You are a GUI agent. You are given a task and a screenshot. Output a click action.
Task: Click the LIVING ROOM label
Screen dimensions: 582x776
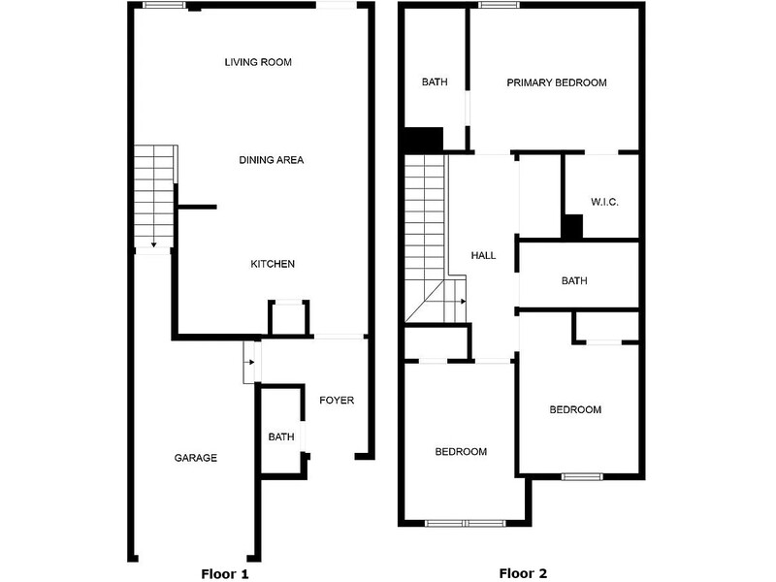click(x=258, y=62)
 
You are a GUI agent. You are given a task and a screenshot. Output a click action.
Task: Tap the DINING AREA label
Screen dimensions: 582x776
click(x=272, y=159)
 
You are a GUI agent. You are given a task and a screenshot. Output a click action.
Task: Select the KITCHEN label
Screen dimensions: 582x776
click(x=273, y=264)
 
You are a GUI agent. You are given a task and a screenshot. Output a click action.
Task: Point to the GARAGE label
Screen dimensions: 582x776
click(x=196, y=458)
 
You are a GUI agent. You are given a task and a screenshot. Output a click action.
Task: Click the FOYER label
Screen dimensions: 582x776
click(x=337, y=400)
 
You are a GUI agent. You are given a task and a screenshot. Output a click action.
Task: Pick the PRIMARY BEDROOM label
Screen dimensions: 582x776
click(x=557, y=82)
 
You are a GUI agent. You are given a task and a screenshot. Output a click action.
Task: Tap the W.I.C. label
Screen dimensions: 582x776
click(x=604, y=202)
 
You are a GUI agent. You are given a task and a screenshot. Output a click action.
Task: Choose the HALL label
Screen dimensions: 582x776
click(x=483, y=256)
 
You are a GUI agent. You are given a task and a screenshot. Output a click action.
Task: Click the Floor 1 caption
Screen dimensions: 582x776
click(x=225, y=573)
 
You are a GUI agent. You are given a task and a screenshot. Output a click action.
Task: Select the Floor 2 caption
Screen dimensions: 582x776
click(x=524, y=573)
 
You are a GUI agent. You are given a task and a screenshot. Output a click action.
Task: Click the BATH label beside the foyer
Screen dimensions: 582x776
click(x=281, y=437)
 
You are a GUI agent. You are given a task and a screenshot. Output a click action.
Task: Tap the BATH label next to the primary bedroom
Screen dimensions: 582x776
click(x=435, y=82)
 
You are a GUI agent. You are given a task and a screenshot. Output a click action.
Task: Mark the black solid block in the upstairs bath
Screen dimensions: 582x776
click(x=424, y=140)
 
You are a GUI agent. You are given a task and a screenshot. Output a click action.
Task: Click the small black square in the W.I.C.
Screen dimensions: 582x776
click(x=572, y=227)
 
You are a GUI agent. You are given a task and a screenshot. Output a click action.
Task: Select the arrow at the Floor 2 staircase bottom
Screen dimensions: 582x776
click(x=463, y=302)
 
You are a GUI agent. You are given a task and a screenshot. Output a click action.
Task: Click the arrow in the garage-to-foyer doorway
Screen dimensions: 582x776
click(x=250, y=363)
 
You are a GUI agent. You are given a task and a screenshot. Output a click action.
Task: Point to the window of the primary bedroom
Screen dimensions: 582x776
click(x=499, y=6)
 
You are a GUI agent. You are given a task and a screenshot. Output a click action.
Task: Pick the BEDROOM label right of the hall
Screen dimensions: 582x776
click(x=575, y=409)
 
